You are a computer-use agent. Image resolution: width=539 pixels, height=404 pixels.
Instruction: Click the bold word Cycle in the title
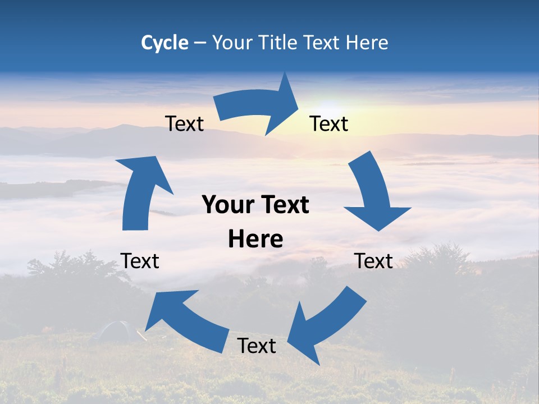(165, 43)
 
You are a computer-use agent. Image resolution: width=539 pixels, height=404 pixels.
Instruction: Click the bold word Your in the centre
(227, 205)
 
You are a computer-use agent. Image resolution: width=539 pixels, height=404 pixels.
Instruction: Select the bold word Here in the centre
(255, 239)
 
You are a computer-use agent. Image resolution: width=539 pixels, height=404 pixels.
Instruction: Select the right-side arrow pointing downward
(373, 194)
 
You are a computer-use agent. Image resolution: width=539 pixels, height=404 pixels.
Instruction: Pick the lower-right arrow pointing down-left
(326, 325)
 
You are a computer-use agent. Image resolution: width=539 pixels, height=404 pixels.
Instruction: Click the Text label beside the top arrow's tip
(329, 123)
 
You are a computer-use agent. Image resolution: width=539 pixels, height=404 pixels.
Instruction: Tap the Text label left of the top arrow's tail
(184, 123)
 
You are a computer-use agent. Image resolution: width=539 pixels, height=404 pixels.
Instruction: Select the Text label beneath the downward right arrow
(373, 261)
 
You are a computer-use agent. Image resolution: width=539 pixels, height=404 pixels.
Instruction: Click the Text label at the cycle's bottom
(257, 346)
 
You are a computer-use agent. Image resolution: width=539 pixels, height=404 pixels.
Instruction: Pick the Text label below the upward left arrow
(140, 261)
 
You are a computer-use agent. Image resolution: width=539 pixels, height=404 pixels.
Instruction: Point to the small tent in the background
(115, 332)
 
